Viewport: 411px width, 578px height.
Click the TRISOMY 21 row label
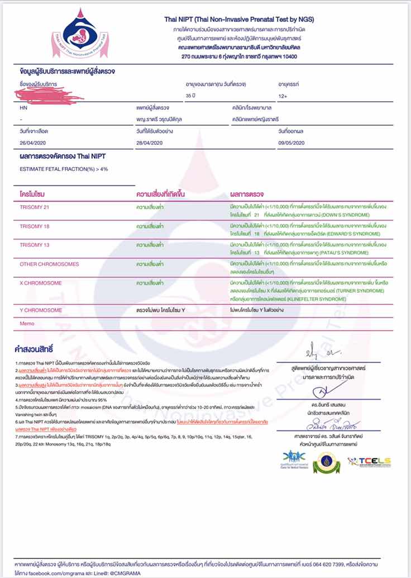(x=35, y=207)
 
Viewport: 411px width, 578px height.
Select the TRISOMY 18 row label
(x=35, y=226)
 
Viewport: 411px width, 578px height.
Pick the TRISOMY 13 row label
(x=35, y=245)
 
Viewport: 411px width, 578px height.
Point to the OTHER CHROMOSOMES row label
(x=49, y=264)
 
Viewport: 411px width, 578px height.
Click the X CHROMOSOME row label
(x=41, y=283)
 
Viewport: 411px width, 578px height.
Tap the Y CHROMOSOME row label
(x=41, y=310)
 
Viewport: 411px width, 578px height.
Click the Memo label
(x=27, y=323)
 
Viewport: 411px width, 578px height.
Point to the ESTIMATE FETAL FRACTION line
(x=64, y=169)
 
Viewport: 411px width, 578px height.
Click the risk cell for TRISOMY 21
(x=150, y=207)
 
